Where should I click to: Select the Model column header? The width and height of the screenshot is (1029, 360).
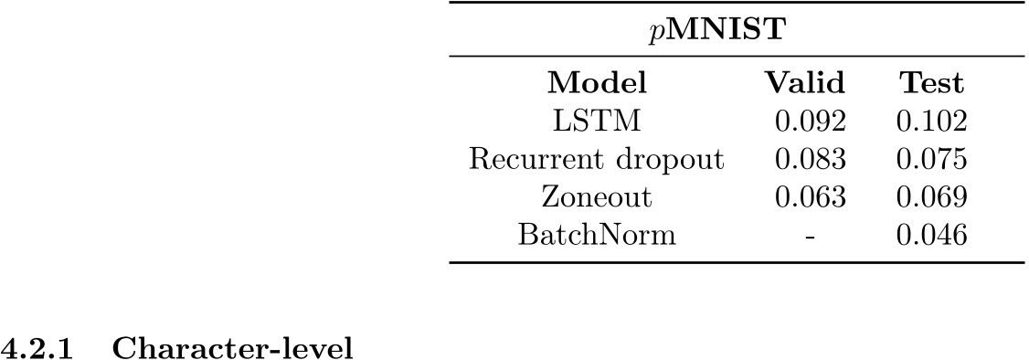[x=597, y=83]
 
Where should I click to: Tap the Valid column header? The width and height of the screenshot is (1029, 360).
[x=804, y=83]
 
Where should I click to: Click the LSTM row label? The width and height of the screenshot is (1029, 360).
[x=597, y=122]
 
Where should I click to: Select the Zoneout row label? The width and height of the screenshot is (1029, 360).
[x=597, y=197]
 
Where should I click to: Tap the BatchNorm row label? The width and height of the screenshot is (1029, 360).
[x=597, y=236]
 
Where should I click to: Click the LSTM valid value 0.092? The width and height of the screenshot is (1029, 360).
[x=805, y=122]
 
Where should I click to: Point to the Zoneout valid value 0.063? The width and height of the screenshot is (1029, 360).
[x=805, y=197]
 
